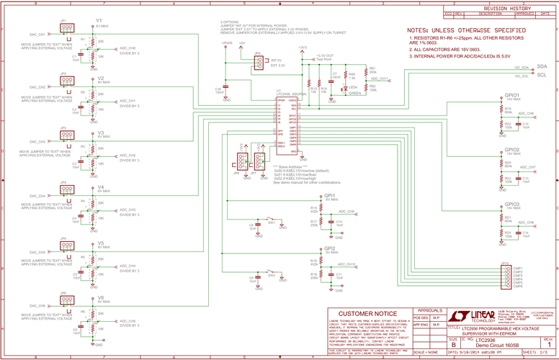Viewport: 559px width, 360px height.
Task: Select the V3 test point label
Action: coord(101,133)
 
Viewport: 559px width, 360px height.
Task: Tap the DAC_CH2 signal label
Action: coord(38,88)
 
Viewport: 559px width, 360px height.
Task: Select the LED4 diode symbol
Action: coord(344,88)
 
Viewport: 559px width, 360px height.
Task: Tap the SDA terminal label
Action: coord(542,66)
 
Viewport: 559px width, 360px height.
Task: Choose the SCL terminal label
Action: coord(542,74)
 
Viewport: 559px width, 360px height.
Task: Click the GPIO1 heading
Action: coord(513,95)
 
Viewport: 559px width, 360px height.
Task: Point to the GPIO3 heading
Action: coord(513,204)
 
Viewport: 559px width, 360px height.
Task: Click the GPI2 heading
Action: coord(330,248)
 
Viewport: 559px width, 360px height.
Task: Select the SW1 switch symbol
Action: coord(271,220)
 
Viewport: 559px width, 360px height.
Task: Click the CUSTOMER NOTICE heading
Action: coord(367,314)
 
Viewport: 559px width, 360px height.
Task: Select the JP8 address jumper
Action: coord(240,160)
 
